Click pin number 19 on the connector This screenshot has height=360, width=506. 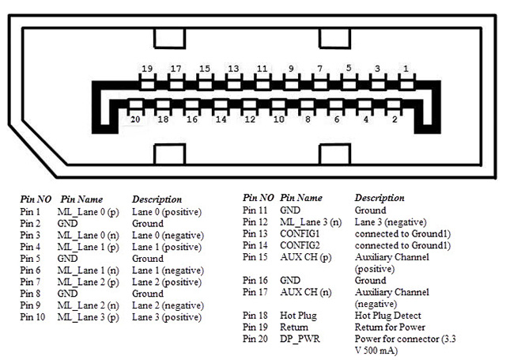pos(147,69)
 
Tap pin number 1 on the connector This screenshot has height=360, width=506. pos(406,69)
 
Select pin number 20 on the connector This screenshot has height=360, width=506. pos(135,119)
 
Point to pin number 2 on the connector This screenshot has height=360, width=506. pos(395,119)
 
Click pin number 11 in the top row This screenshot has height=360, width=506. pos(262,69)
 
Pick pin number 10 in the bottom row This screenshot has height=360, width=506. pos(278,119)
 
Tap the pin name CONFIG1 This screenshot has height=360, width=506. pos(300,234)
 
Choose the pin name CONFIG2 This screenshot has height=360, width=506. pos(300,245)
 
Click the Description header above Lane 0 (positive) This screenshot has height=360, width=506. pos(157,199)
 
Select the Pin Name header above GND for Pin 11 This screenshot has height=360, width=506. pos(301,197)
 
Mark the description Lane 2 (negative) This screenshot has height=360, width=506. pos(168,305)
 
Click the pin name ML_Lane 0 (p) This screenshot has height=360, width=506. pos(87,212)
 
